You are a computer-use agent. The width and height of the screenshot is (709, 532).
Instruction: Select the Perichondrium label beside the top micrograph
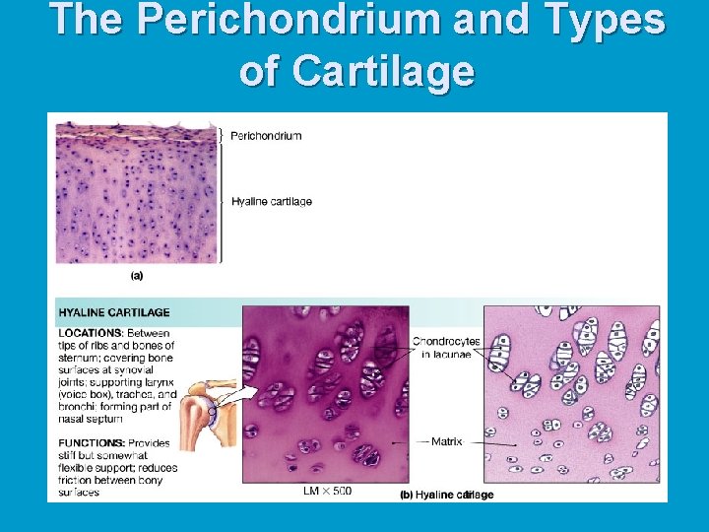pyautogui.click(x=266, y=136)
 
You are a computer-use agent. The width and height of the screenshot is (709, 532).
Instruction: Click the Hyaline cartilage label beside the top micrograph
pyautogui.click(x=272, y=202)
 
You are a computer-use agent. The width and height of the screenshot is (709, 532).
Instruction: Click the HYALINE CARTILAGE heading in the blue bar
pyautogui.click(x=114, y=312)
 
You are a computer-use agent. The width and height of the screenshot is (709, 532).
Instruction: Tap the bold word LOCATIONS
pyautogui.click(x=90, y=333)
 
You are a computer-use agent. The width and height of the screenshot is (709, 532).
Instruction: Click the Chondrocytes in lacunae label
pyautogui.click(x=446, y=348)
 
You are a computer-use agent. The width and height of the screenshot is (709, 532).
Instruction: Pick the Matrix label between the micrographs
pyautogui.click(x=446, y=442)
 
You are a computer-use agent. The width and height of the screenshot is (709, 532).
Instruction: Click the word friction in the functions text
pyautogui.click(x=80, y=480)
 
